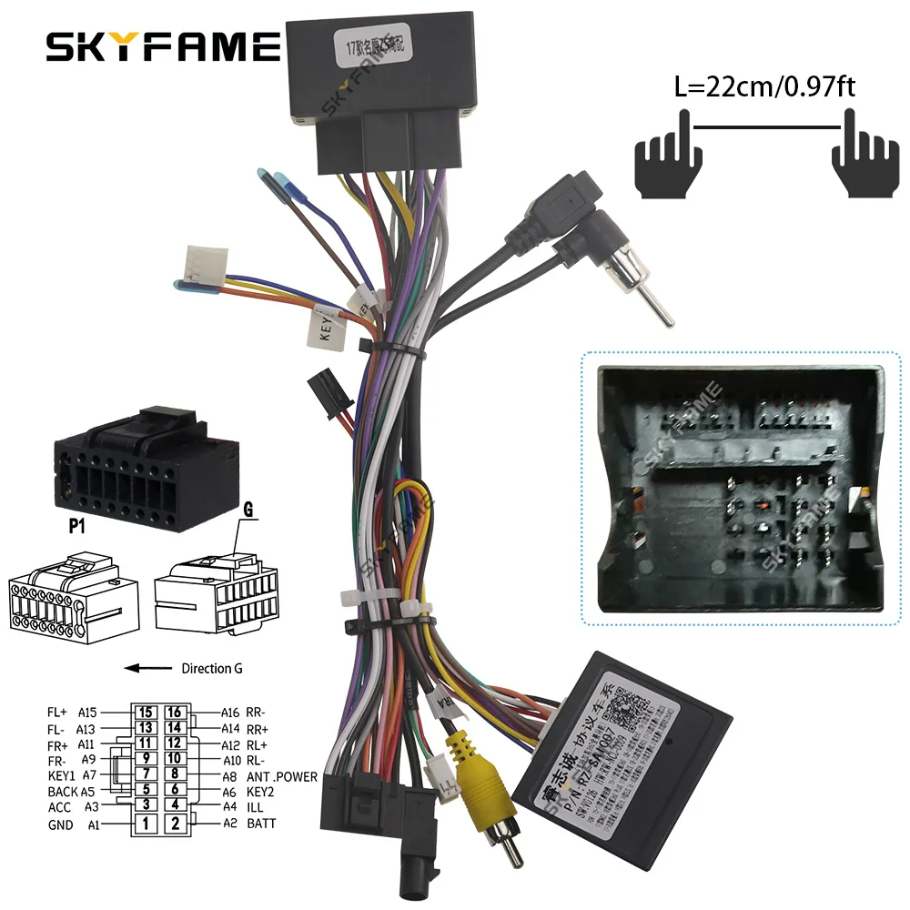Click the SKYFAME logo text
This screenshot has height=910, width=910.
pos(163,46)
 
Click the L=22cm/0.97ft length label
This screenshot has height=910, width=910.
pos(765,87)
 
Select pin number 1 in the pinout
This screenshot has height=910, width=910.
pos(144,824)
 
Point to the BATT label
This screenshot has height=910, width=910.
pos(260,824)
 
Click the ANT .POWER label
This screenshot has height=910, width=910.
pos(282,776)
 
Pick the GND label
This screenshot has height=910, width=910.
pos(60,825)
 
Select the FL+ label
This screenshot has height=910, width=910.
pos(59,713)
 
